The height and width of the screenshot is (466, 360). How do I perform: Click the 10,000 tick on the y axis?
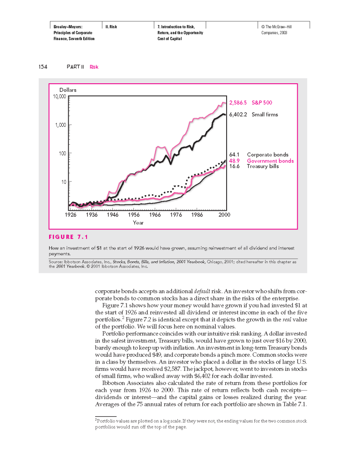click(60, 96)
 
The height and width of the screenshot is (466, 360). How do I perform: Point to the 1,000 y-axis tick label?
click(61, 125)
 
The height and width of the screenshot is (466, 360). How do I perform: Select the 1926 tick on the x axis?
click(71, 214)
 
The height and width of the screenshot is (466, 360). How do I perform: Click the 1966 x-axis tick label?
click(155, 214)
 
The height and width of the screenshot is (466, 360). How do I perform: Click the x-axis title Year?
click(138, 223)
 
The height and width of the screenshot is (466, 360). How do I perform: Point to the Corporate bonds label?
click(268, 155)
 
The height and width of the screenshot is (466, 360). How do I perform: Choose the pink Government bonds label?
click(270, 161)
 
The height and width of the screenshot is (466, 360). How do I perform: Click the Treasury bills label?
click(263, 166)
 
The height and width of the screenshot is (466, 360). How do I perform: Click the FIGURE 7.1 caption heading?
click(68, 237)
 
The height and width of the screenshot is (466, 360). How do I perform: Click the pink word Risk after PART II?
click(94, 67)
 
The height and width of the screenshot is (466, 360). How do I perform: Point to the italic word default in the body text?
click(202, 290)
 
